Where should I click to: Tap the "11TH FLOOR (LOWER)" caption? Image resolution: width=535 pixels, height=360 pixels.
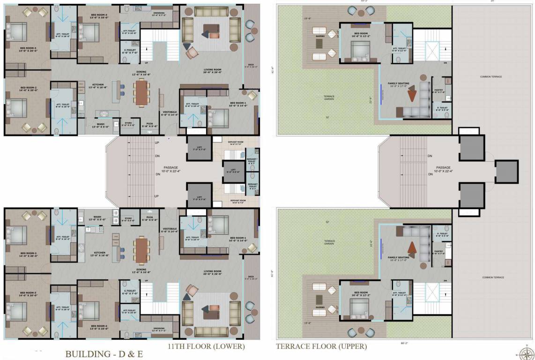coord(206,347)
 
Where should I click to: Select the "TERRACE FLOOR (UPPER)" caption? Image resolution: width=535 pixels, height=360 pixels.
coord(321,347)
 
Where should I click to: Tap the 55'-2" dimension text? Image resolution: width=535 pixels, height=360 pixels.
coord(364,1)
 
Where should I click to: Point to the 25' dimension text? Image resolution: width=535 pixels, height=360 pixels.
coord(492,1)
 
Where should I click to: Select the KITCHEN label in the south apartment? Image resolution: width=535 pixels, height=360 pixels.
coord(99,254)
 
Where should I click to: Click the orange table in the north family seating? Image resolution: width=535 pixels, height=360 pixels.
coord(411,95)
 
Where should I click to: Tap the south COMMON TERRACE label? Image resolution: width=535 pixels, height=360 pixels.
coord(493,277)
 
